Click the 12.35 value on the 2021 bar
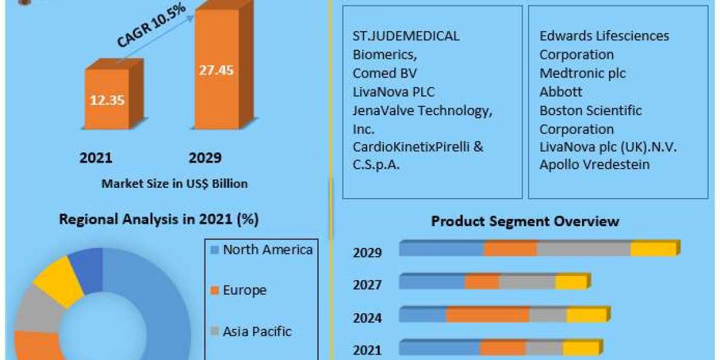point(107,100)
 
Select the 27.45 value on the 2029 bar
point(216,70)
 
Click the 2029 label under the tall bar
point(205,158)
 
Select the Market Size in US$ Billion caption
point(175,184)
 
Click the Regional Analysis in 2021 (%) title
point(158,220)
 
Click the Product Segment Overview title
point(525,221)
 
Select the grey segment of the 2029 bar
point(583,249)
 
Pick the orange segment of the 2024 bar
point(487,315)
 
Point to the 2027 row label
point(367,284)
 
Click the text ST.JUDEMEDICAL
point(406,36)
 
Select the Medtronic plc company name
point(582,73)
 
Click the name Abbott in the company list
point(560,92)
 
